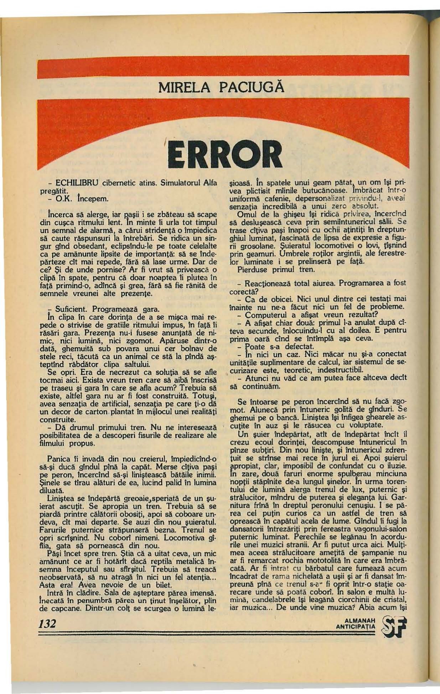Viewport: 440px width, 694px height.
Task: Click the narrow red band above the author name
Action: (x=223, y=66)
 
